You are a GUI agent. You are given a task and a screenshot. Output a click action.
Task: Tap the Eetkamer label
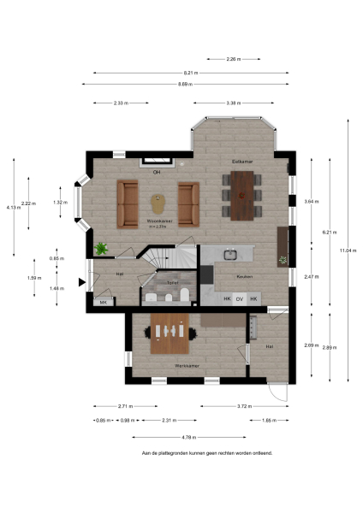point(241,161)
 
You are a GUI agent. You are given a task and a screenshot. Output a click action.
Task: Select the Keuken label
point(244,278)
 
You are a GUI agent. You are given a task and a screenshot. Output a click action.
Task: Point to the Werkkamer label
point(187,365)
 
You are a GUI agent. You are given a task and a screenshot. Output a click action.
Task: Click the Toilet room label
point(171,281)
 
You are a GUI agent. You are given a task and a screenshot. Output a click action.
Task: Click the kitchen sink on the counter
point(229,254)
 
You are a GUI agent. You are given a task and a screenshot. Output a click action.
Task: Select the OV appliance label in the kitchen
point(241,298)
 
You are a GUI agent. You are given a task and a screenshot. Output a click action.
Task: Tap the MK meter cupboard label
point(104,302)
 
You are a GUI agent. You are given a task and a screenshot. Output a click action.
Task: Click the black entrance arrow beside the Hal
point(81,281)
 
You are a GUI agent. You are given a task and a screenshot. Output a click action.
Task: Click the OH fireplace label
point(157,172)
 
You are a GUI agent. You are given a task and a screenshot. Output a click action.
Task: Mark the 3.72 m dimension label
point(244,406)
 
